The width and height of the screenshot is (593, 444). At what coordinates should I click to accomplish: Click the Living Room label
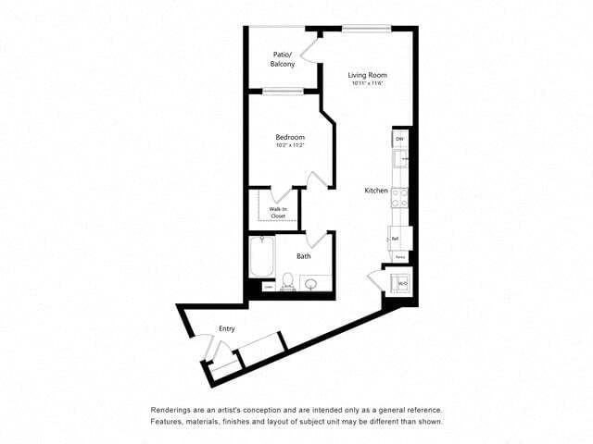pos(367,75)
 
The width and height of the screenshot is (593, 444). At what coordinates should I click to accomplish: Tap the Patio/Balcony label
pos(284,59)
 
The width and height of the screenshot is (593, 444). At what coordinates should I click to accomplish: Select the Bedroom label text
pos(290,137)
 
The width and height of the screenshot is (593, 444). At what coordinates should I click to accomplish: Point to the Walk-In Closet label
pos(277,213)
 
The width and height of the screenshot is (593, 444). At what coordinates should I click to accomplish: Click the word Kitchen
pos(375,191)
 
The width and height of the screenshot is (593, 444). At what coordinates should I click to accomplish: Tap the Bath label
pos(303,256)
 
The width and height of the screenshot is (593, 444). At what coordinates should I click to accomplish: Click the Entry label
pos(226,328)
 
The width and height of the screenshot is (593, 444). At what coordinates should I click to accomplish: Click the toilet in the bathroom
pos(287,280)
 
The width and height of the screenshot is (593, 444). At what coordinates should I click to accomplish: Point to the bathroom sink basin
pos(315,283)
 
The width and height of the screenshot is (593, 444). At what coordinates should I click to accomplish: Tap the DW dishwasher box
pos(400,139)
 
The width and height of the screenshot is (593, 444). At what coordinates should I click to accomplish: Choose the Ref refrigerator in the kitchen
pos(396,238)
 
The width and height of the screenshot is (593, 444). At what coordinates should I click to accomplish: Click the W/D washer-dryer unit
pos(402,280)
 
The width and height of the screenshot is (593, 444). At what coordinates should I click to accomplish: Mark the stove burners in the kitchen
pos(400,197)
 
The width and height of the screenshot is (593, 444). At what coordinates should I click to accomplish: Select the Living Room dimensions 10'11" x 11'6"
pos(368,84)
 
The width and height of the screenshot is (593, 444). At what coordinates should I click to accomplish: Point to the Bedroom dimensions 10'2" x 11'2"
pos(290,145)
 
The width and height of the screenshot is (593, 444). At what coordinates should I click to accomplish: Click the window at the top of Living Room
pos(367,29)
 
